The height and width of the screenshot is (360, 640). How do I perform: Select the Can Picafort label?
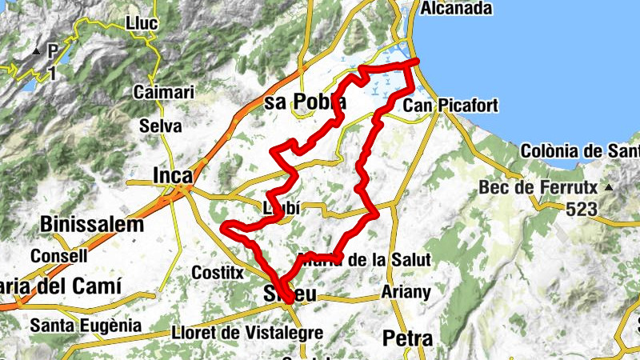451,106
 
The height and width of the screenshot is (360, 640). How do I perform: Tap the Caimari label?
164,92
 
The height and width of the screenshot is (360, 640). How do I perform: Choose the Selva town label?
160,126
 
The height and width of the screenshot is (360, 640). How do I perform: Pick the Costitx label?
217,273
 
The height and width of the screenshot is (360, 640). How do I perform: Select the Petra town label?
408,338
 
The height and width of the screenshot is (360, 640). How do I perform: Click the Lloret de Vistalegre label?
247,333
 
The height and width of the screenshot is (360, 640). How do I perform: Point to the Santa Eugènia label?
86,326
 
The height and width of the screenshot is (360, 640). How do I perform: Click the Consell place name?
59,257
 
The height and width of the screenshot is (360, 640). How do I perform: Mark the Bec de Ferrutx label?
539,187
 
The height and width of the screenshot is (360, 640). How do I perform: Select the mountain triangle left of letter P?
37,53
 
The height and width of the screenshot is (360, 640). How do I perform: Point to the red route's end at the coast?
416,62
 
